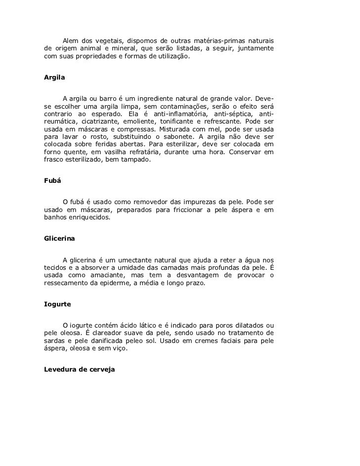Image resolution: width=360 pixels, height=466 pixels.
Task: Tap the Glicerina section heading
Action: [x=59, y=238]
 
